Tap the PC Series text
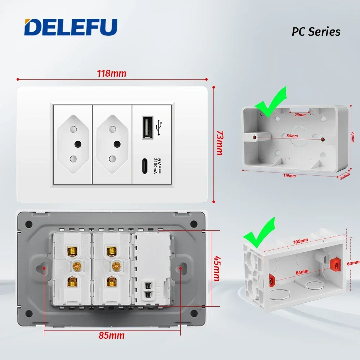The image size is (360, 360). [x=316, y=32]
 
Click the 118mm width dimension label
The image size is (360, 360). [x=112, y=73]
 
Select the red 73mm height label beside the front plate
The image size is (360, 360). [x=218, y=143]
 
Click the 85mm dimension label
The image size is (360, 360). [x=112, y=336]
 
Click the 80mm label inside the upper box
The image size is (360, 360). [x=292, y=136]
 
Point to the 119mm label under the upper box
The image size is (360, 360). [x=290, y=176]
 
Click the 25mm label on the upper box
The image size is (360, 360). [x=300, y=115]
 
